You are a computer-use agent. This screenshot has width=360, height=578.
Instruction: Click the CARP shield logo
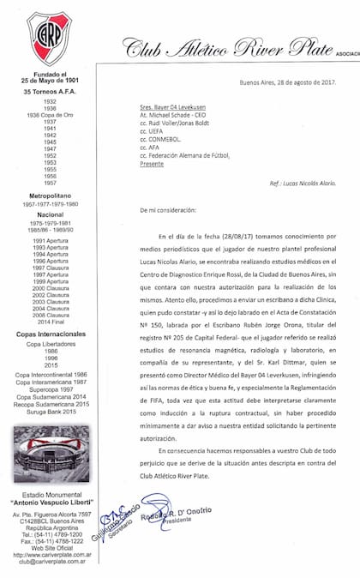point(49,39)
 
